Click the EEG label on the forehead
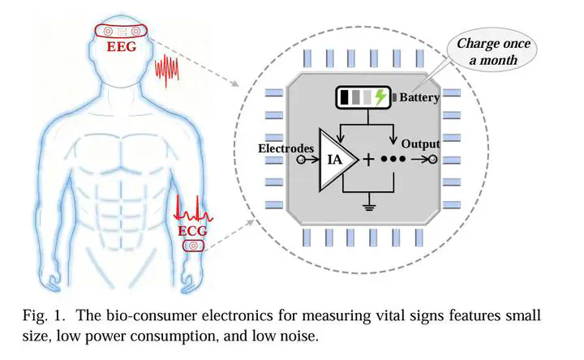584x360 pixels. [x=122, y=46]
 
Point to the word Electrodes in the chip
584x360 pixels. [x=285, y=148]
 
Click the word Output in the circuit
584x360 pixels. [x=420, y=145]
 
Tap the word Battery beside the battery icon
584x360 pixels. [x=419, y=98]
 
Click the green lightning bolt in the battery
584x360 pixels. [x=380, y=98]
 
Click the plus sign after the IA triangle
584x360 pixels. [x=368, y=160]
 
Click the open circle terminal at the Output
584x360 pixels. [x=434, y=161]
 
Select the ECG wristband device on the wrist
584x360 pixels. [x=192, y=245]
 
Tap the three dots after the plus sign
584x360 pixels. [x=393, y=161]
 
